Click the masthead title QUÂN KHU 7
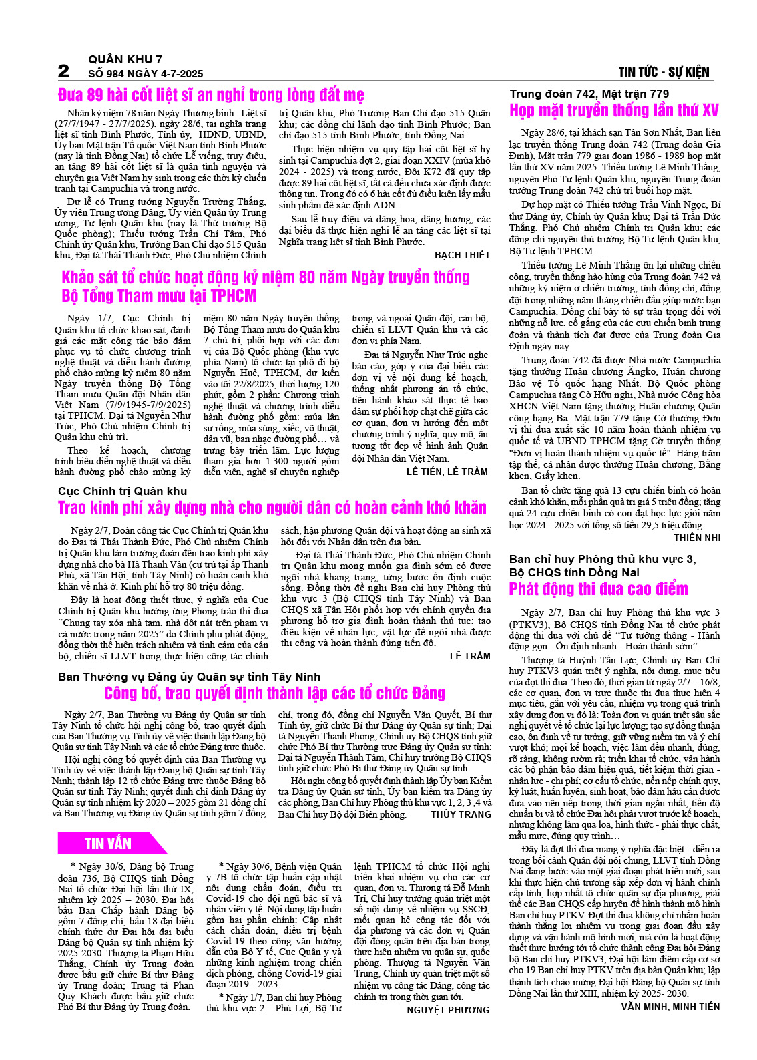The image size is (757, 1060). point(125,59)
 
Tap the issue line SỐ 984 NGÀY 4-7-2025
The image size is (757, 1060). point(146,73)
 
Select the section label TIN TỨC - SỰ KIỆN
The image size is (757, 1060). point(664,72)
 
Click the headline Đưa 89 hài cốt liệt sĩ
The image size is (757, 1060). point(211,95)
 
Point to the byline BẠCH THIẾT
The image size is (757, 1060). point(462,255)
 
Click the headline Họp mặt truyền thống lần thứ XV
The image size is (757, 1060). point(614,110)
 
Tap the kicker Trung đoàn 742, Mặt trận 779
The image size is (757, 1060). point(589,94)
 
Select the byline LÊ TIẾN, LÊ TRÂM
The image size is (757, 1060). point(447,472)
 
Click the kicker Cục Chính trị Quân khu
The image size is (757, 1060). point(123,491)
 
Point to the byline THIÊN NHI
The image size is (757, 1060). point(697,538)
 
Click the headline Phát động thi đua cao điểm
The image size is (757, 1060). point(598,589)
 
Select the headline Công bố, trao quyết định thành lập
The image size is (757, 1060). point(274,693)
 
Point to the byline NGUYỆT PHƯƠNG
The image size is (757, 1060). point(448,1010)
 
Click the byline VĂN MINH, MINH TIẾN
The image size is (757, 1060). point(670,1007)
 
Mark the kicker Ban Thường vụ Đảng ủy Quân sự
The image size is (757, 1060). point(189,677)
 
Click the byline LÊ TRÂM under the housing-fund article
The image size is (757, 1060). point(470,656)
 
